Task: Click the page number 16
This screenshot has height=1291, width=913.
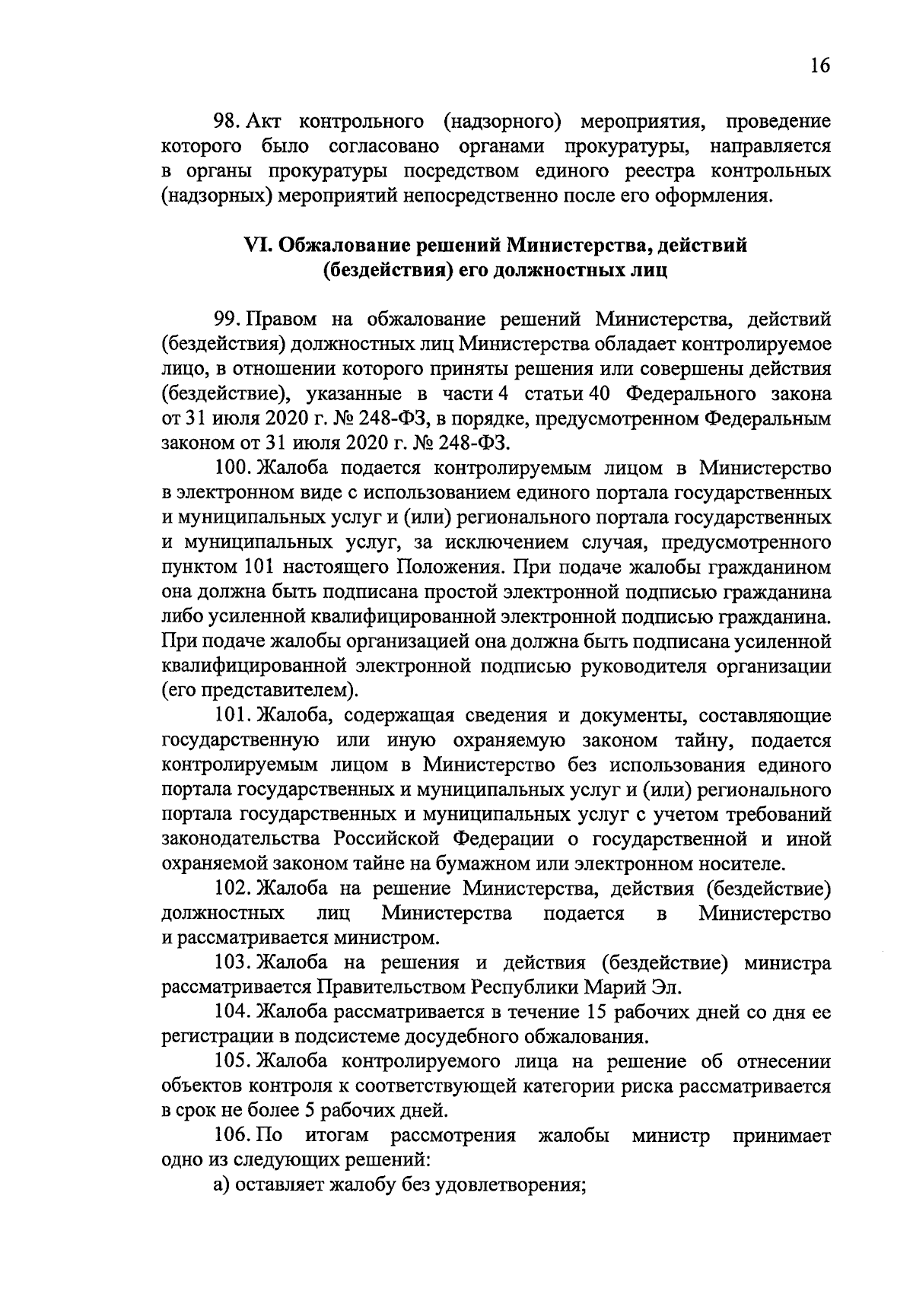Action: pyautogui.click(x=819, y=65)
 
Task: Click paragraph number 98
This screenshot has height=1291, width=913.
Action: pyautogui.click(x=226, y=122)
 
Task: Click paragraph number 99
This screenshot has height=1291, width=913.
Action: pyautogui.click(x=226, y=320)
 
